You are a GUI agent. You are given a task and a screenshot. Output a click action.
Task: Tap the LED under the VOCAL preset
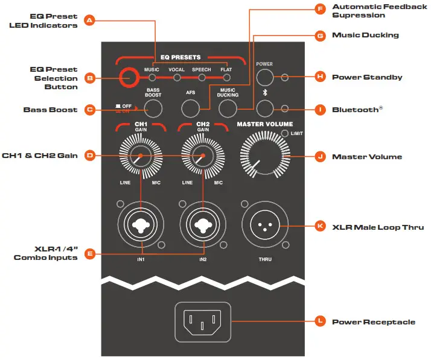pos(177,78)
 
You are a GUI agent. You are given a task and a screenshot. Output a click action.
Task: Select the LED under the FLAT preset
pos(226,78)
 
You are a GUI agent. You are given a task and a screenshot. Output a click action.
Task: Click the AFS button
pos(191,108)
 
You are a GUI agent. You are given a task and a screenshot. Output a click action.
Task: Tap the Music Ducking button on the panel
pos(228,109)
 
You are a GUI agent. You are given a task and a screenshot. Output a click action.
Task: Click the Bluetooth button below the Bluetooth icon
pos(265,109)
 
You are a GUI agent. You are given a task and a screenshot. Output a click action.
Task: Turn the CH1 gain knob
pos(140,156)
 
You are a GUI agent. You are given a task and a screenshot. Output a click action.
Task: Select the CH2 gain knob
pos(203,156)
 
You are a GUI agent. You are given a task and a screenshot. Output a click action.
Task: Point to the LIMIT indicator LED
pos(284,133)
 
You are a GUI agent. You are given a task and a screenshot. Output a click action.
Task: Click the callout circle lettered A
pos(89,21)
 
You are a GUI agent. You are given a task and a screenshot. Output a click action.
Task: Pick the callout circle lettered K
pos(320,227)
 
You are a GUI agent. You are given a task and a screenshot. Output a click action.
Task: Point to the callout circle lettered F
pos(320,8)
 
